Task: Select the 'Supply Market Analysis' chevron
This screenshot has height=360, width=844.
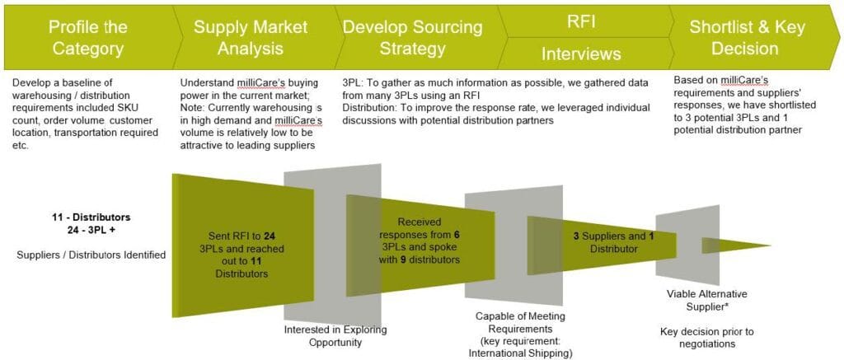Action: point(253,38)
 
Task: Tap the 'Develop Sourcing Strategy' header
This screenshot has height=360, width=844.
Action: point(413,38)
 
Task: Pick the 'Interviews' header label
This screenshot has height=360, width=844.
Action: point(581,54)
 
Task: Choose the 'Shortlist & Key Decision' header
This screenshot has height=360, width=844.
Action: point(747,38)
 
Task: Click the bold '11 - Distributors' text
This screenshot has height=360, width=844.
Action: point(91,218)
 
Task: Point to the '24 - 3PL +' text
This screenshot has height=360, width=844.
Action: point(91,228)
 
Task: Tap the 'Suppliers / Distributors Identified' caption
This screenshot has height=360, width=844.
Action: point(91,255)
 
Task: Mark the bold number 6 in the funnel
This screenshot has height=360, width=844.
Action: point(457,234)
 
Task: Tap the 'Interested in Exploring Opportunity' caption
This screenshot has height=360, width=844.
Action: point(335,335)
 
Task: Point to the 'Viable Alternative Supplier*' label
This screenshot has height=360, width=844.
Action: point(699,300)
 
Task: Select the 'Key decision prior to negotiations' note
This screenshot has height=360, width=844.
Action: point(698,337)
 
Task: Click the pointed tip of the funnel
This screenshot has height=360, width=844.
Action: point(770,246)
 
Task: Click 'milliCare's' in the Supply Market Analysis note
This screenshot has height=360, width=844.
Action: point(259,83)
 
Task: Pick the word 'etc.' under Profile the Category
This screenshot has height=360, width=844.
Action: point(20,144)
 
